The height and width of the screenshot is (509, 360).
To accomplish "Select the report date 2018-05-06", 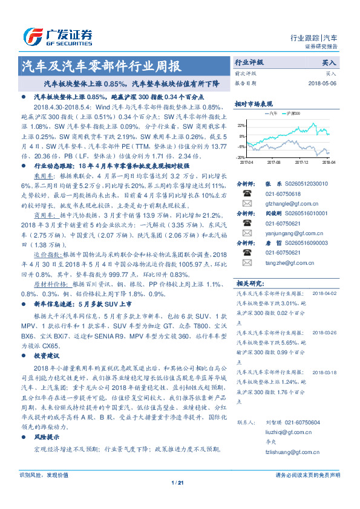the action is click(322, 83).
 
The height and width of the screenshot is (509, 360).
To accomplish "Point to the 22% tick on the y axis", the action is click(241, 125).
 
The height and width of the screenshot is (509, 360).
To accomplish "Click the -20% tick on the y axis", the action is click(241, 157).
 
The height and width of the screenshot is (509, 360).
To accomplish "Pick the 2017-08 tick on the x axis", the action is click(273, 162).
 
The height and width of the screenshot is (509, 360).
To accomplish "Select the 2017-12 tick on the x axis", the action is click(301, 162).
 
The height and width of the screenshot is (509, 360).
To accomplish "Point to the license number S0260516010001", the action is click(315, 213).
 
